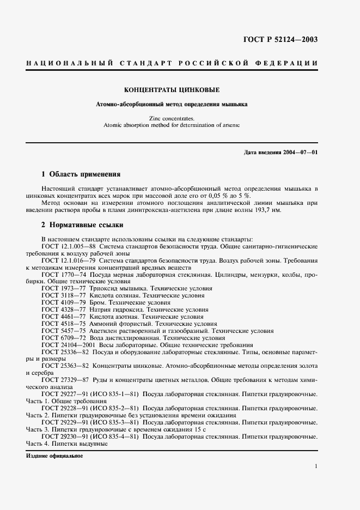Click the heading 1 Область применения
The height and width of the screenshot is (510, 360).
pos(81,174)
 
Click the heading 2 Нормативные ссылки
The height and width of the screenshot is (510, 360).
pos(82,224)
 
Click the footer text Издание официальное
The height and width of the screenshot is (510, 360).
pos(54,456)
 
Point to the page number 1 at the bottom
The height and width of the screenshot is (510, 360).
pos(316,467)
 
